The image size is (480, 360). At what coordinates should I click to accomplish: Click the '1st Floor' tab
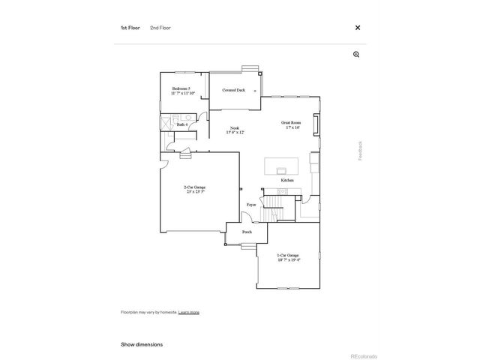tap(130, 28)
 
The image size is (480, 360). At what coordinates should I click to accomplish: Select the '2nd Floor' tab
tap(160, 28)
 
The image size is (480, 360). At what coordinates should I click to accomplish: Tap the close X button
tap(358, 28)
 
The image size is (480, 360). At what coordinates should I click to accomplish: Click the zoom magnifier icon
tap(356, 54)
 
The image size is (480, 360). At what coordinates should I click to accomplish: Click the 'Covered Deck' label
tap(233, 90)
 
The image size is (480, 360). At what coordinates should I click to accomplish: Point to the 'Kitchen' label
tap(287, 181)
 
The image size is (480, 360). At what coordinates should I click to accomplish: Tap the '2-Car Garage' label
tap(195, 189)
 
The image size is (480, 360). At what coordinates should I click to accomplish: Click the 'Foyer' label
tap(252, 204)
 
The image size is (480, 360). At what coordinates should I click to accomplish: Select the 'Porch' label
tap(247, 232)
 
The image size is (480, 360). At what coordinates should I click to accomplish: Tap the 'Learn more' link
tap(189, 312)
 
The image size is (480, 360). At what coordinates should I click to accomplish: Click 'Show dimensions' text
tap(142, 344)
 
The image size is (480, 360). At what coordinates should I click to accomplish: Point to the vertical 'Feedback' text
tap(360, 150)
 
